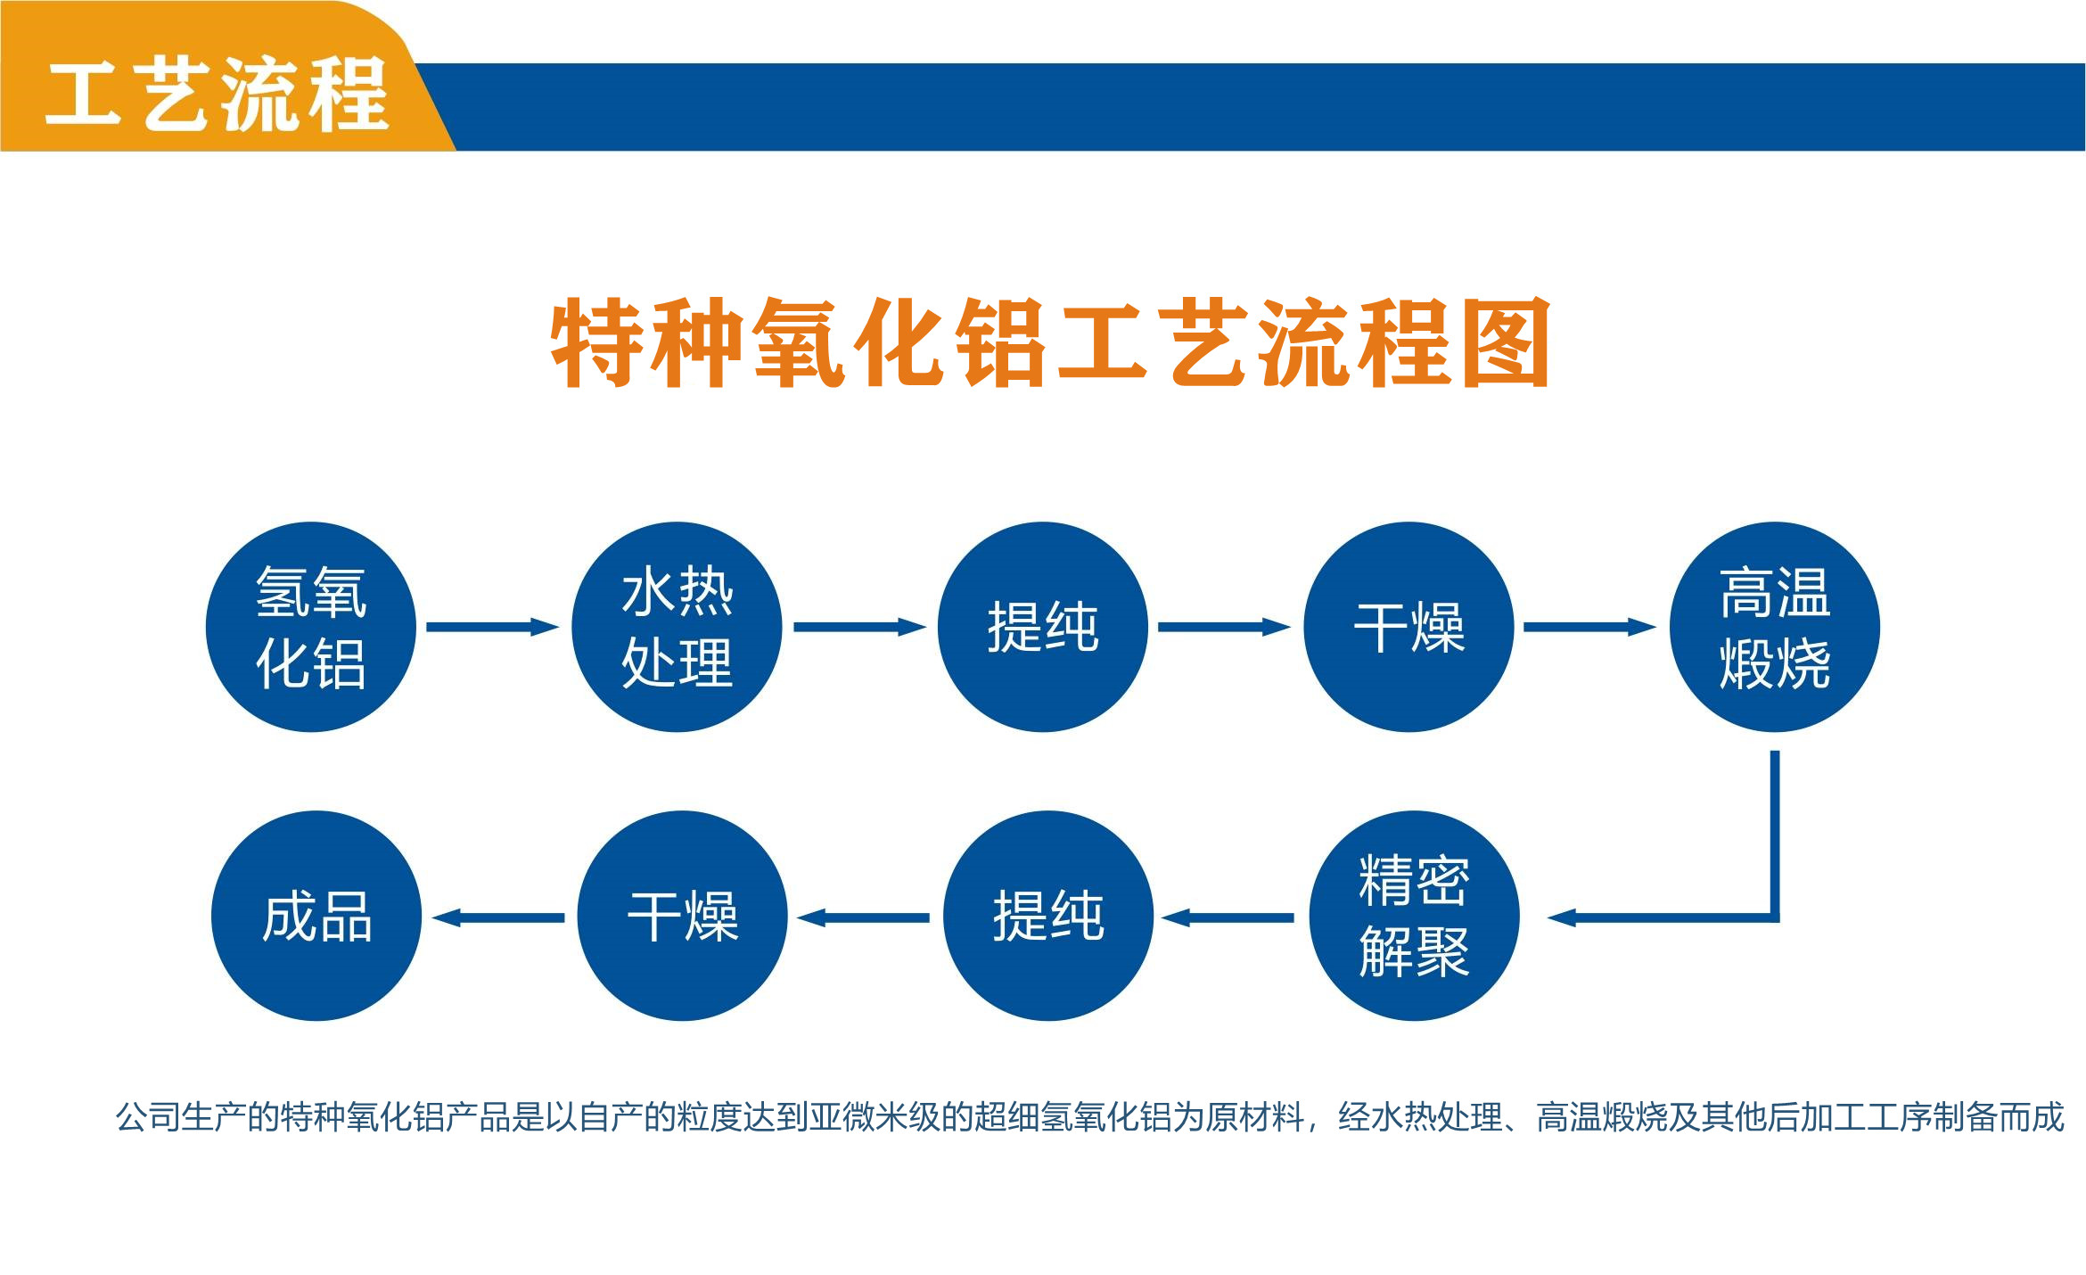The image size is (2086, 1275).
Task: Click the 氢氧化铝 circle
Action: [x=311, y=627]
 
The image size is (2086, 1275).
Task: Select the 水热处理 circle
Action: [x=677, y=627]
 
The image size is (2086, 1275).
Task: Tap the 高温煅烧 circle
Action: [x=1775, y=627]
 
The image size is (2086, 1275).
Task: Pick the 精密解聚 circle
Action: [x=1415, y=916]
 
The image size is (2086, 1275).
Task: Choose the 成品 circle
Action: [x=316, y=916]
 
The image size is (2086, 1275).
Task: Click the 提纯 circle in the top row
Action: [x=1043, y=627]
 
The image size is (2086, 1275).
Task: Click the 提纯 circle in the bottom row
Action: [x=1048, y=916]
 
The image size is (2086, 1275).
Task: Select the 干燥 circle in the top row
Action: [x=1408, y=627]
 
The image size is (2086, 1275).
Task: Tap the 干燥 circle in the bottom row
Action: [x=682, y=916]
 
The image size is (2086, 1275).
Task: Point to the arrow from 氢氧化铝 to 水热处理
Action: [x=493, y=627]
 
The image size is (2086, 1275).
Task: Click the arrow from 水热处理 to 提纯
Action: [x=860, y=627]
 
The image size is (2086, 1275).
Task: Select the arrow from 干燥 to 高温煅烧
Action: [x=1590, y=627]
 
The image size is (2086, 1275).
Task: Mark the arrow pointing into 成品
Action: [x=498, y=917]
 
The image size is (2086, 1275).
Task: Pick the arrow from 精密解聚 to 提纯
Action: [x=1228, y=917]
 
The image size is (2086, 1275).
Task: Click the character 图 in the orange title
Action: [x=1506, y=342]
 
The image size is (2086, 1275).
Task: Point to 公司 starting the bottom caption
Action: [x=148, y=1116]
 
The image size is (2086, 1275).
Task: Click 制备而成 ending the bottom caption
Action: [x=1999, y=1116]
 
